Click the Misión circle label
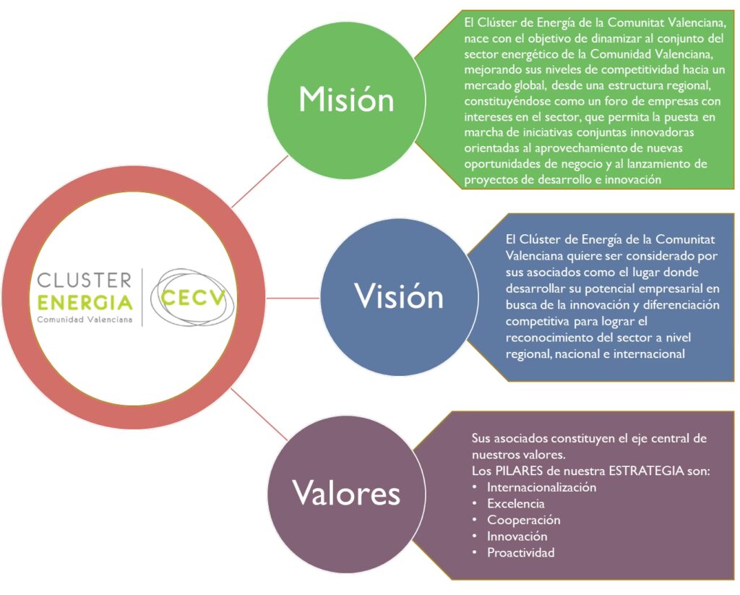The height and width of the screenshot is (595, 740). (346, 100)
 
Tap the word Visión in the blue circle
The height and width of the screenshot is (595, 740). (399, 296)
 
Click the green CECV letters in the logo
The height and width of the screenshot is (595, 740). (193, 298)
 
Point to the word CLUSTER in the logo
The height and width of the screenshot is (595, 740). (85, 280)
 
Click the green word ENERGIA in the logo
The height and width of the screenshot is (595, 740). (85, 302)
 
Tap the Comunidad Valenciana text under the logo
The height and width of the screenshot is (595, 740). (85, 320)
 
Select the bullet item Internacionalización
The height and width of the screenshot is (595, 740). (541, 487)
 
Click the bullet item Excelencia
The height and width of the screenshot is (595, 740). (516, 504)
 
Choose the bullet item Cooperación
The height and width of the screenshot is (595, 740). (524, 521)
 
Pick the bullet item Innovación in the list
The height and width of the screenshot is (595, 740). (517, 536)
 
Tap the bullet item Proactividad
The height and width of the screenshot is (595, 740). (520, 553)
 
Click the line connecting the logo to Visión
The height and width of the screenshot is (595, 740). (293, 298)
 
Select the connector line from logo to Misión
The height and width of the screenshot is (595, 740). (259, 181)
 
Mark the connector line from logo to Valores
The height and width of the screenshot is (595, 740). (259, 414)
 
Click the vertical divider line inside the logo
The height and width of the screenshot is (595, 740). (142, 297)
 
